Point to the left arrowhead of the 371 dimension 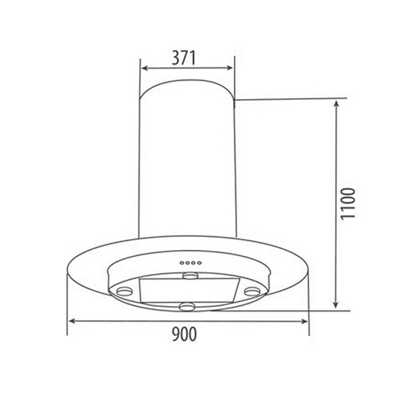point(143,68)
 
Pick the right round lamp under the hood point(253,291)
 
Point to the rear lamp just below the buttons point(191,275)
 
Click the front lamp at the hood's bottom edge point(187,308)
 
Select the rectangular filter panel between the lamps point(187,290)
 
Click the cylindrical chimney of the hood point(187,161)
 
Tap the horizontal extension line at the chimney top point(289,99)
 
